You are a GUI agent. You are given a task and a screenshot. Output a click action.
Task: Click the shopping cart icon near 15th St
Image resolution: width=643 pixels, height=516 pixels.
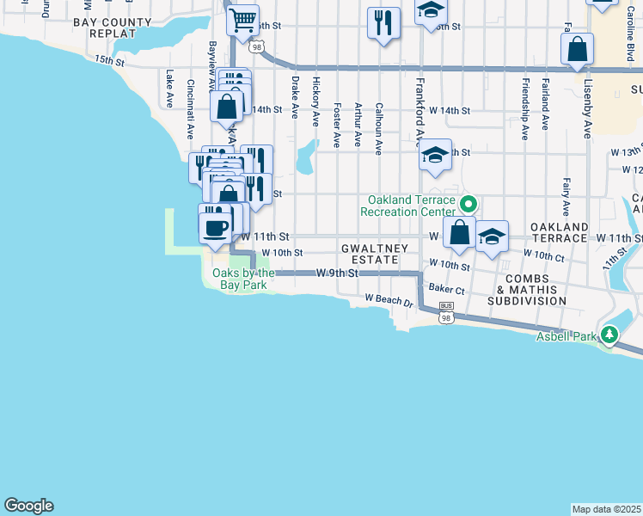(x=243, y=18)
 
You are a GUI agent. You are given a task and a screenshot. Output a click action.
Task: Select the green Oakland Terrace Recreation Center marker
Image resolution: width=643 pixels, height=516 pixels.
(x=468, y=205)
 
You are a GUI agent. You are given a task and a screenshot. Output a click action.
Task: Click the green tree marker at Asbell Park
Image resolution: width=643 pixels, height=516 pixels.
(x=610, y=334)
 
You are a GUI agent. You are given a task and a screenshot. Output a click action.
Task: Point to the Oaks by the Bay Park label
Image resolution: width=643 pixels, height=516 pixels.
(x=243, y=279)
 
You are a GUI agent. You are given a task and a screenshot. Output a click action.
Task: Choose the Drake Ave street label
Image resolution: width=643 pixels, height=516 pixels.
(x=295, y=95)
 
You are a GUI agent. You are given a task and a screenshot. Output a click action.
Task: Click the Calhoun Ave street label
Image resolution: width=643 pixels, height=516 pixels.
(x=378, y=129)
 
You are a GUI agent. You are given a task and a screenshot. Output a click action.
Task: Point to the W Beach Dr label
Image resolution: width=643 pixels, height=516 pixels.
(x=389, y=301)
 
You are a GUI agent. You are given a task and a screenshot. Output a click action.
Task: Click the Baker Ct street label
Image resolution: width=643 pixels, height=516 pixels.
(x=446, y=291)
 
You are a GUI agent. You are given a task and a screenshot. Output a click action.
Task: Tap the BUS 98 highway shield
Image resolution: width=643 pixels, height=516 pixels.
(x=445, y=312)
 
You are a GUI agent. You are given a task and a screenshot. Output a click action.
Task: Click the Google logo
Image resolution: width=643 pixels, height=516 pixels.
(x=28, y=506)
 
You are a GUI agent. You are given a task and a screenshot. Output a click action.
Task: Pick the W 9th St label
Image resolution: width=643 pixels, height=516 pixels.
(x=336, y=273)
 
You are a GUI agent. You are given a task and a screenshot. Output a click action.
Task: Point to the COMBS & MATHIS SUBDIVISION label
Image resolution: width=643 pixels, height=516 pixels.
(x=526, y=290)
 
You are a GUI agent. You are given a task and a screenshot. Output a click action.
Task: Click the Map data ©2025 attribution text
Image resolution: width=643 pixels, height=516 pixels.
(x=606, y=509)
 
